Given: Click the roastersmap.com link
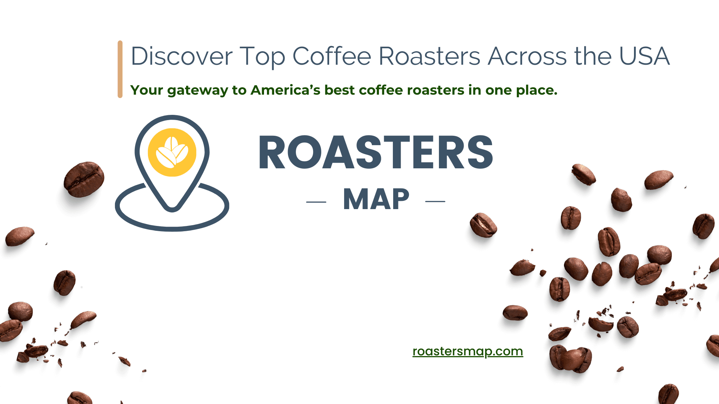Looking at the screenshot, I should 467,351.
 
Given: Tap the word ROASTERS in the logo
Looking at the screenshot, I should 376,152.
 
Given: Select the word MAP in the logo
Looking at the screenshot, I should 376,199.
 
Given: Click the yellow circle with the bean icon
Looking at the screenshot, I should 172,152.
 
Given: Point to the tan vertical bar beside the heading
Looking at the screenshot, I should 120,69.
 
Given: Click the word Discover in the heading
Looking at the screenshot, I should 182,56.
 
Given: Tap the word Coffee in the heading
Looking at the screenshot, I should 332,56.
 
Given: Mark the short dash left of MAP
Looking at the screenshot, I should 316,202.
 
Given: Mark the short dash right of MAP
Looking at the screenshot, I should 435,201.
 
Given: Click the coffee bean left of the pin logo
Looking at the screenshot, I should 84,179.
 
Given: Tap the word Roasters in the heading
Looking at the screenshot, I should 429,56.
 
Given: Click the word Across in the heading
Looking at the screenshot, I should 527,56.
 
